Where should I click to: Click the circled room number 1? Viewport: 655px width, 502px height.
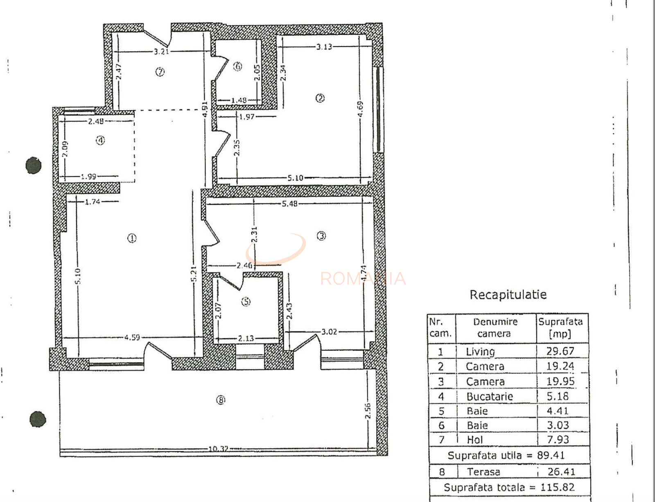132,238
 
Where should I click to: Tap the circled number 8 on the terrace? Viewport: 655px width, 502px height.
221,400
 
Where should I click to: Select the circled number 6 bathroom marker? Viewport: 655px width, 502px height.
238,66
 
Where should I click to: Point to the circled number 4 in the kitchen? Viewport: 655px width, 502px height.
100,141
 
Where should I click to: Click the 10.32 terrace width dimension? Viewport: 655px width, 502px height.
218,449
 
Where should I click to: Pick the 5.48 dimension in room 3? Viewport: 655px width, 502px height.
289,203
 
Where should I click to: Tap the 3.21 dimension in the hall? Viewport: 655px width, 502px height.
161,52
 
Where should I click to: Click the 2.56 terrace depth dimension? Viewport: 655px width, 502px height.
368,411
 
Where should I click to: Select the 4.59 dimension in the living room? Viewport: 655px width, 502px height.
132,337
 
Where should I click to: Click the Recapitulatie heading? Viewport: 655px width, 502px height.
508,295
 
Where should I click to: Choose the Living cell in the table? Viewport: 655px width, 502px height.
480,352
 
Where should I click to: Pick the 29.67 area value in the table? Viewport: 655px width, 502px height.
560,351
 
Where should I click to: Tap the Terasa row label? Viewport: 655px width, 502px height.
483,472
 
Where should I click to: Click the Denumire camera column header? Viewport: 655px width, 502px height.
495,327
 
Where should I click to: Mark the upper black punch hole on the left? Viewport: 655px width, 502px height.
34,166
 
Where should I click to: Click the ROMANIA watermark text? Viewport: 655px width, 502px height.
363,279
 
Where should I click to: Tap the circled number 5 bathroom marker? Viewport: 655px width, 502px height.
246,302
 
